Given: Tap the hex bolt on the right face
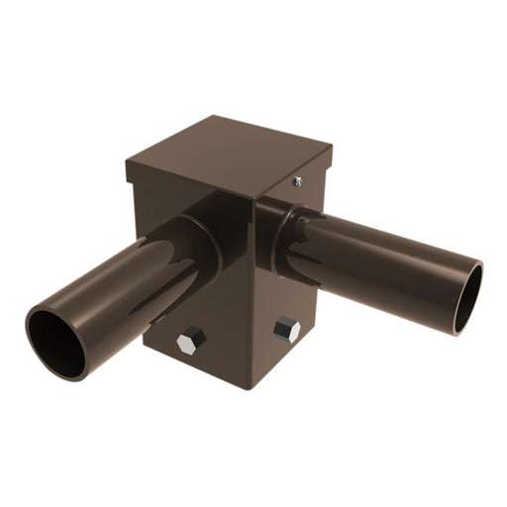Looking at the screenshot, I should [287, 329].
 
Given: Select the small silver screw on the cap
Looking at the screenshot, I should [296, 181].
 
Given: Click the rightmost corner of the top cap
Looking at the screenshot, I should [332, 149].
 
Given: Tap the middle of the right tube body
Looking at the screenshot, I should [386, 262].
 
